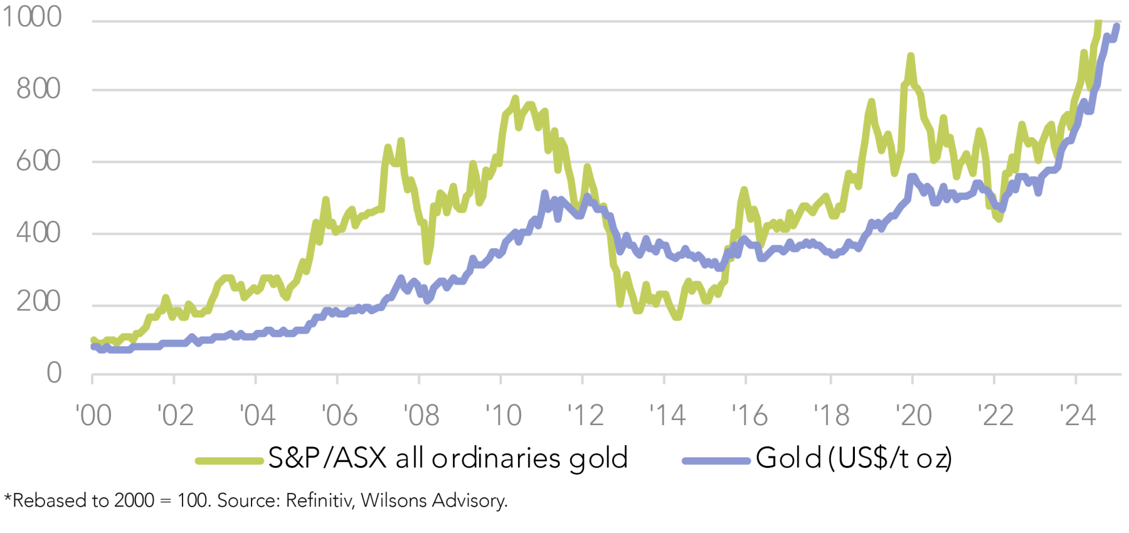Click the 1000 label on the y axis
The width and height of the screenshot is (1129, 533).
pos(32,17)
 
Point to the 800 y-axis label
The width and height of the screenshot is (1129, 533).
pos(38,89)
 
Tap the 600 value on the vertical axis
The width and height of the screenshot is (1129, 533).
pos(38,161)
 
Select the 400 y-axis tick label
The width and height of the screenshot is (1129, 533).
pos(38,233)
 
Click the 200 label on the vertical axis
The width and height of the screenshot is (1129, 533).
pos(38,302)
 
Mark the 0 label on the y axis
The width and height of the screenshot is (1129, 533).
pos(54,373)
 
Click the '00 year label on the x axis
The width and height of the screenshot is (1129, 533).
pos(93,415)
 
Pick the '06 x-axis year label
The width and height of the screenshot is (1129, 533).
pos(339,415)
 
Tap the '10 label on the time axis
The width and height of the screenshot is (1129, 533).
pos(503,415)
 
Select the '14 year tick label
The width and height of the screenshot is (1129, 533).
pos(667,415)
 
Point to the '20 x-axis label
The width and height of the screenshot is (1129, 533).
pos(913,415)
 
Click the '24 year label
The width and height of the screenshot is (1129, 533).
pos(1077,415)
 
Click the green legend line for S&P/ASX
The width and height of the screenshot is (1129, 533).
pos(229,461)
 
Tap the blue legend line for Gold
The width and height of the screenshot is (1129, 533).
pos(716,461)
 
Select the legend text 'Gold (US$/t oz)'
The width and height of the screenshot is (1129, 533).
pos(854,458)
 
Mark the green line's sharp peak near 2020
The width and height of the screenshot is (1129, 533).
pos(910,56)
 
